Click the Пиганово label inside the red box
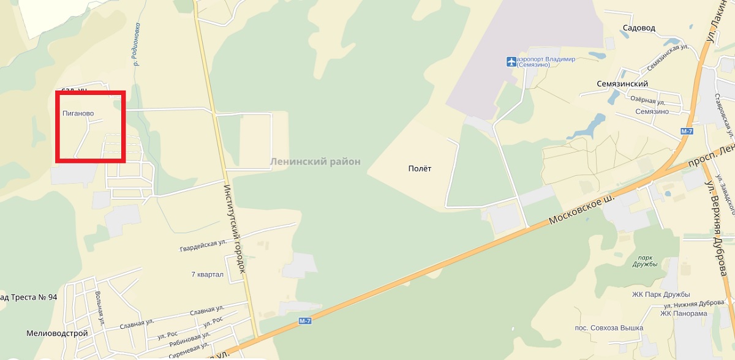(x=77, y=113)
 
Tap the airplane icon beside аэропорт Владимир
(x=511, y=61)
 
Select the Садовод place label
(x=639, y=28)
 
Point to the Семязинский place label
(x=622, y=84)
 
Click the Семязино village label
(x=653, y=111)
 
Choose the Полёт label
(x=420, y=168)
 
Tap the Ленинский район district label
(x=315, y=162)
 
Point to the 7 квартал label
(x=207, y=274)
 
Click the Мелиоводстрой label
(x=58, y=334)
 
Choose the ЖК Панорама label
(x=684, y=313)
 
